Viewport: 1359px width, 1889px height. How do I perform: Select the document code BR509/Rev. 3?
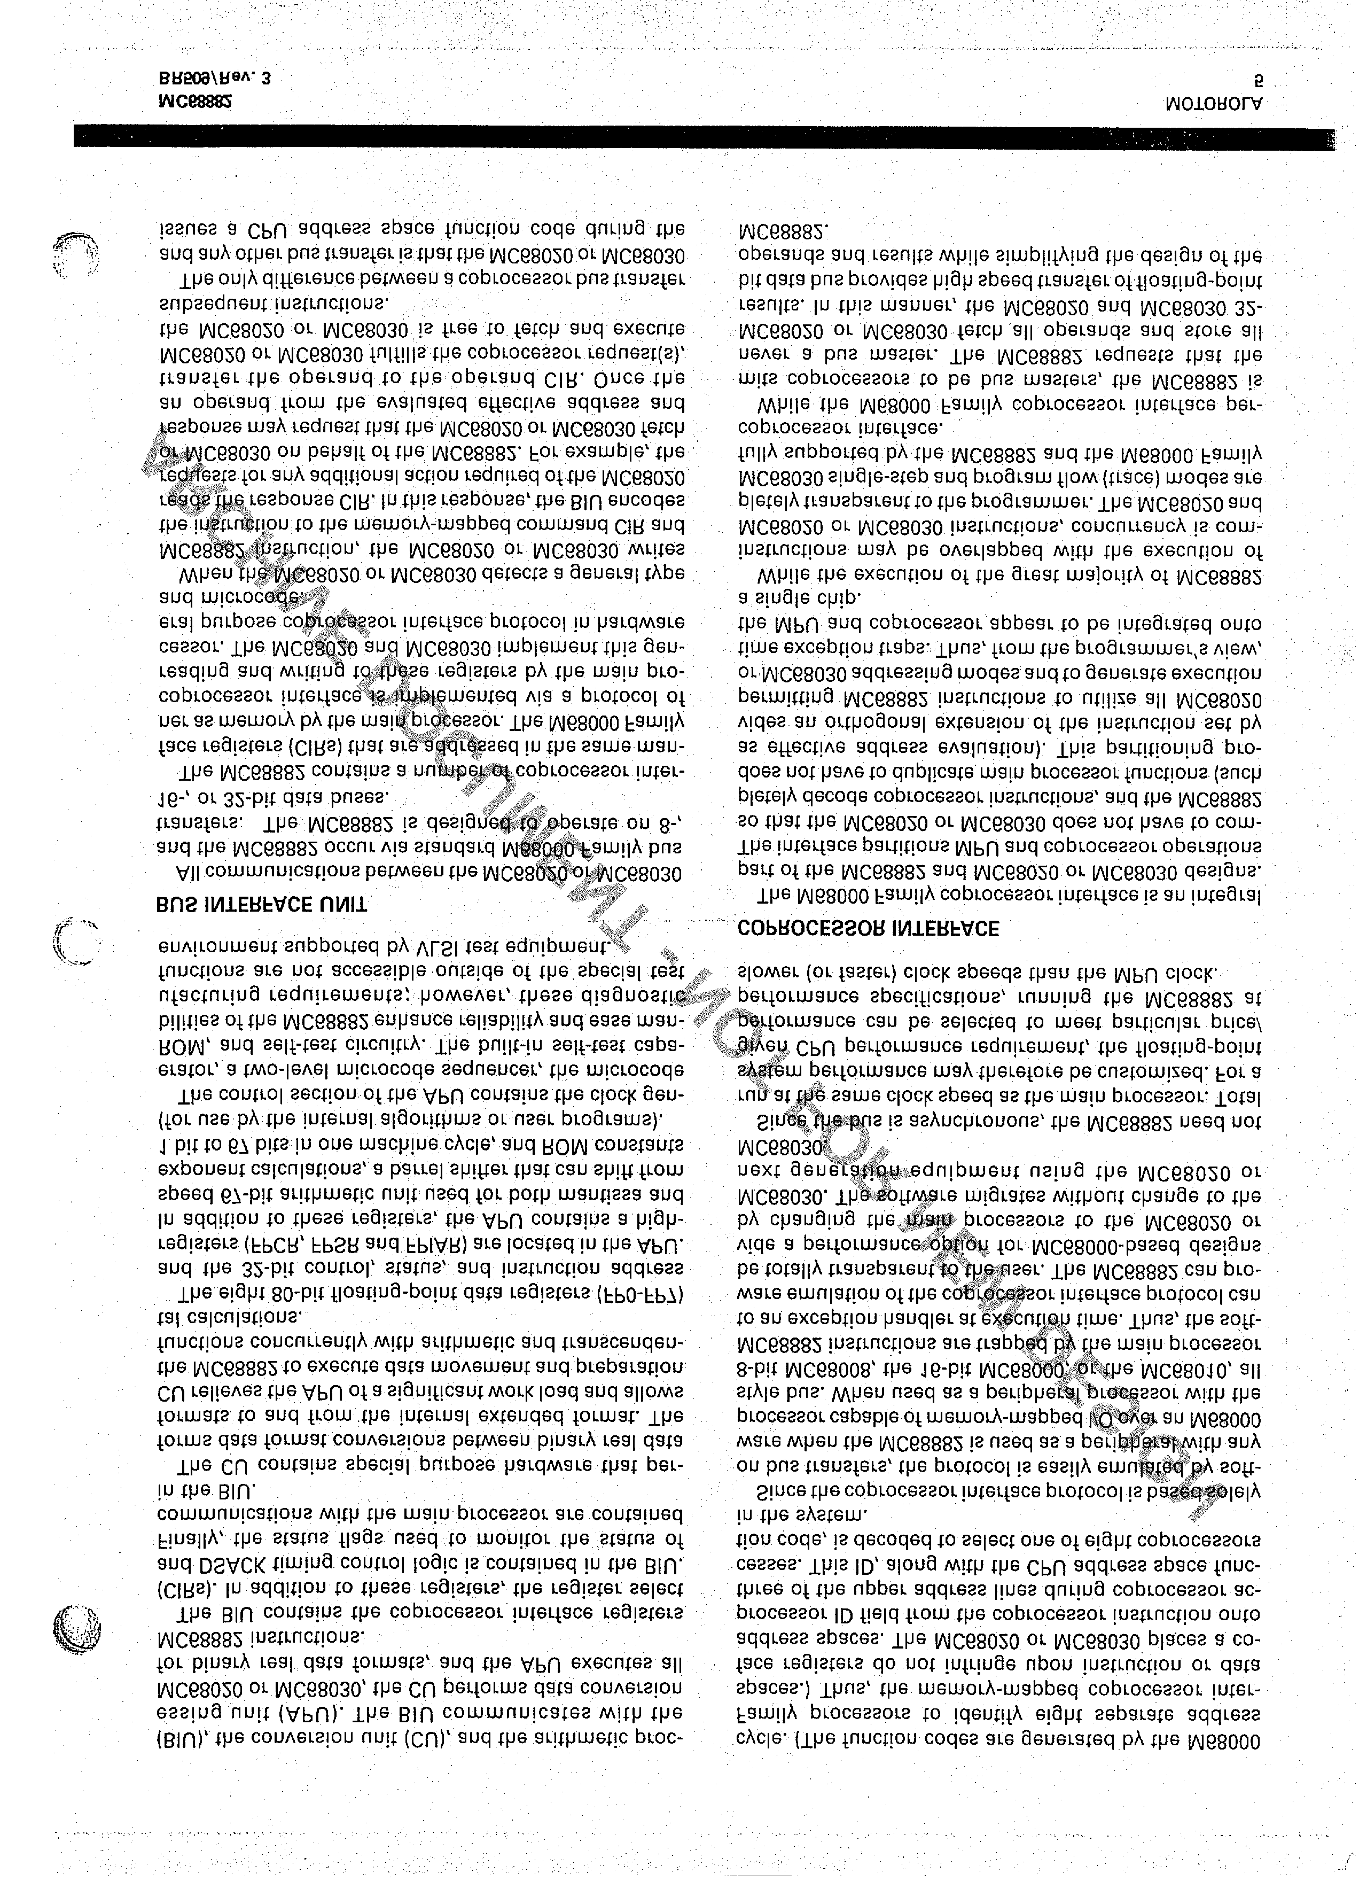click(x=214, y=79)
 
